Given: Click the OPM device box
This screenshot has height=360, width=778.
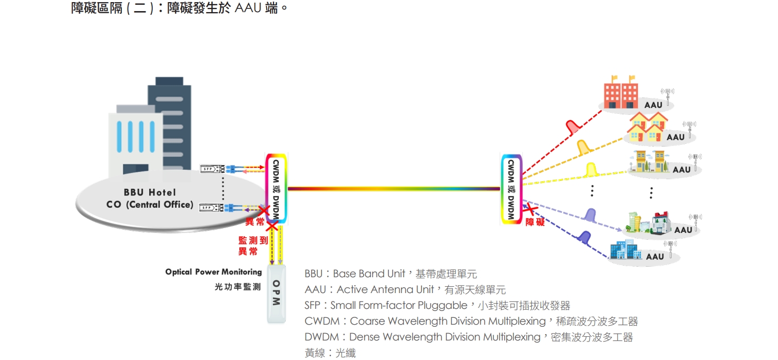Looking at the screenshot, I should (x=276, y=294).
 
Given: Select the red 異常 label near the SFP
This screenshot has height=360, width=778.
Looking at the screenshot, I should (x=255, y=222).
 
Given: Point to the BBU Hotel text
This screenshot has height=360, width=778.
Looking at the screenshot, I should (x=150, y=192).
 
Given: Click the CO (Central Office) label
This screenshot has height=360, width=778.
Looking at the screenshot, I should (x=150, y=205).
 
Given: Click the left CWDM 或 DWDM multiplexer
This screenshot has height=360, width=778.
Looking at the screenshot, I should (x=276, y=188).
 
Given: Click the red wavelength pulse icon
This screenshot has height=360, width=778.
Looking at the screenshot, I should (x=572, y=127).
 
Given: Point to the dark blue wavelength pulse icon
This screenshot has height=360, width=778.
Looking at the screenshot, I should (x=584, y=237).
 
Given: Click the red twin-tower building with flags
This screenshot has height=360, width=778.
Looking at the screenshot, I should (x=620, y=94).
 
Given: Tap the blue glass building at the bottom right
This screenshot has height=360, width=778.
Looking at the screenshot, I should (x=625, y=250).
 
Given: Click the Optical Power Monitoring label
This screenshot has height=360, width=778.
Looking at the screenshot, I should (x=213, y=272).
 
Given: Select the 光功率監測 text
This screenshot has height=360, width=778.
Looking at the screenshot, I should (x=237, y=287).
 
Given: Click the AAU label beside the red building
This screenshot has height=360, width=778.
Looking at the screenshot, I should (x=653, y=105).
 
